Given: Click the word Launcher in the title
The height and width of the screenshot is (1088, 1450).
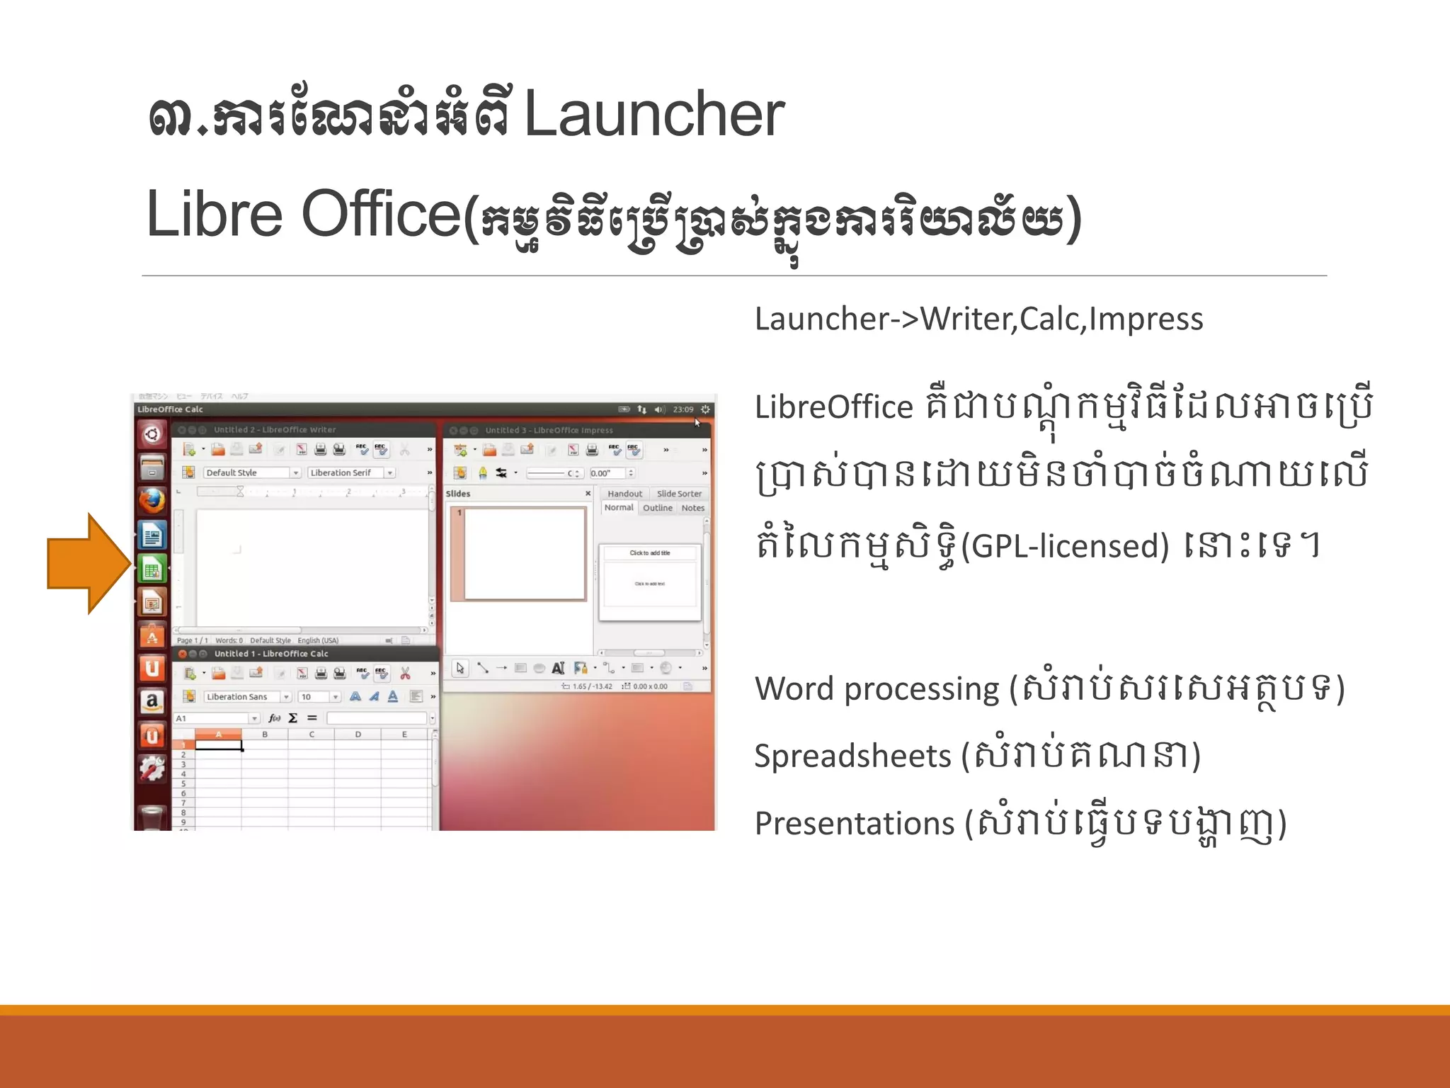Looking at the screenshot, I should point(653,115).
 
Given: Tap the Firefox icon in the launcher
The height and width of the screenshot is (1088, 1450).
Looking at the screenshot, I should point(152,501).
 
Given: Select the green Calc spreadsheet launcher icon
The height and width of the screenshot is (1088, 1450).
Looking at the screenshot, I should point(152,569).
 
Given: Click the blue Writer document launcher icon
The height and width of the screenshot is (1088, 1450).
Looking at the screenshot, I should point(152,535).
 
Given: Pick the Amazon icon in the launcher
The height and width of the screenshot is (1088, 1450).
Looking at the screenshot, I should point(152,702).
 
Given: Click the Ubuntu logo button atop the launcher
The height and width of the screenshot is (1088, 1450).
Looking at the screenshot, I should point(152,434).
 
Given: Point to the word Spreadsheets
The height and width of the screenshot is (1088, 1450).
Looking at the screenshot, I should point(852,756).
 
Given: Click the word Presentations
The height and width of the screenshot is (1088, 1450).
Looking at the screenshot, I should point(855,823).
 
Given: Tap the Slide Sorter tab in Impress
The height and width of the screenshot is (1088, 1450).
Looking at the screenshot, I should point(678,494).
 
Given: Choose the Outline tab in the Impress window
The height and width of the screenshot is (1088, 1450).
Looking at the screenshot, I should point(657,508).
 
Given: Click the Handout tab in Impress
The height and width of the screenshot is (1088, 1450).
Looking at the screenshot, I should point(624,494).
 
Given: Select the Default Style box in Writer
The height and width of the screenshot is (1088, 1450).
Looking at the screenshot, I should point(246,472).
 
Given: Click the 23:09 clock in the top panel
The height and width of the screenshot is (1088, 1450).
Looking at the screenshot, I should point(683,409).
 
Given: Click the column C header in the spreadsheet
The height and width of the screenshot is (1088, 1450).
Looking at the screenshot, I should point(312,735).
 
